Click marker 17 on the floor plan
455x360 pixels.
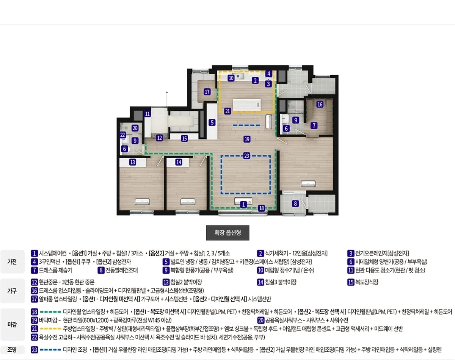[x=207, y=92]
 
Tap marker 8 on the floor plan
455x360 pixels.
[x=295, y=203]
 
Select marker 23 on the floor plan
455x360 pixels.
[x=246, y=156]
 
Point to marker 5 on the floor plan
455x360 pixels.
[x=212, y=122]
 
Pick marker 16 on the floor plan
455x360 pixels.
[x=320, y=104]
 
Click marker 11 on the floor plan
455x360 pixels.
[x=147, y=114]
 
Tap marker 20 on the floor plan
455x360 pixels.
[x=135, y=128]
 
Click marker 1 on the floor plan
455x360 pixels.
[x=243, y=204]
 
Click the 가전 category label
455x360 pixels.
[x=12, y=262]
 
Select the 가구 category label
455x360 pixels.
[x=12, y=291]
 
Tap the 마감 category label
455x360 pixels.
[x=12, y=324]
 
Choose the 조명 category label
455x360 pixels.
[x=12, y=350]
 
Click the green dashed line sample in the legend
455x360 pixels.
[x=50, y=312]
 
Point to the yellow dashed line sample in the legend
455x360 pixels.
[x=50, y=329]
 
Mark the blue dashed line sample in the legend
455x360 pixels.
[x=50, y=350]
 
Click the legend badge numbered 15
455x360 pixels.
[x=351, y=282]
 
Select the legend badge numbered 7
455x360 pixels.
[x=34, y=270]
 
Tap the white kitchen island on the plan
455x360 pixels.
[x=247, y=105]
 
